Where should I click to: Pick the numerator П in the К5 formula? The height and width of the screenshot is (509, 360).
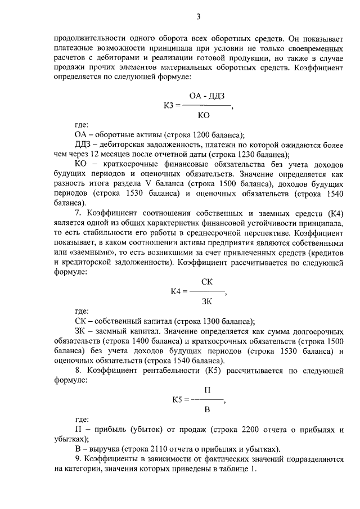[x=206, y=389]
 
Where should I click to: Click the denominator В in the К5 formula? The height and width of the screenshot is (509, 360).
[x=206, y=409]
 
